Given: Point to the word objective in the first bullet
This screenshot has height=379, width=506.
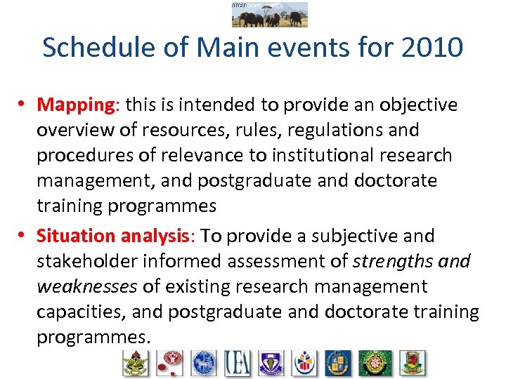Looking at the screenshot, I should (419, 105).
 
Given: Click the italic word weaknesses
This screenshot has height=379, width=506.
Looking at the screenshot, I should (87, 286).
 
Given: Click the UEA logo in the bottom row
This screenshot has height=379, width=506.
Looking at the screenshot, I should (238, 363).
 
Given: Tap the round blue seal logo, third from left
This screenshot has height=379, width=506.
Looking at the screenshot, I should (204, 363).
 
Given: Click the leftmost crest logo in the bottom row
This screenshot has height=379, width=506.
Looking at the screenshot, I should (136, 363).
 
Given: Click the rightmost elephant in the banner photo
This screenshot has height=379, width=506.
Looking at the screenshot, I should (297, 18).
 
